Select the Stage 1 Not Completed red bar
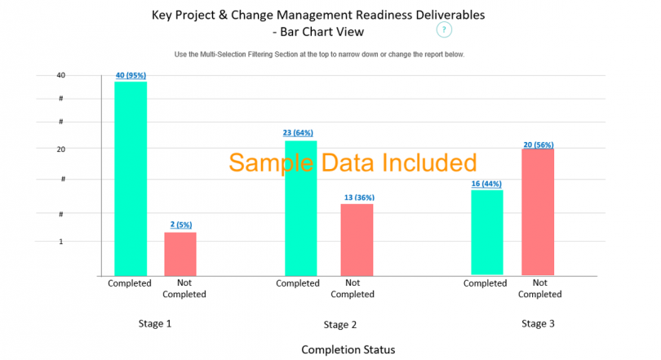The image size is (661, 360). [x=180, y=254]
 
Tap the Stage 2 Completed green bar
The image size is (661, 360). [x=300, y=208]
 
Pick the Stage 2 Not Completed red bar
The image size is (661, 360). [x=357, y=239]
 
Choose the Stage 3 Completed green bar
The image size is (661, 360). [x=486, y=233]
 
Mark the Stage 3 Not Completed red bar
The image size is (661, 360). [x=538, y=211]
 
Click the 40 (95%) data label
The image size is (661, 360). [x=131, y=76]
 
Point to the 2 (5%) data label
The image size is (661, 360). [x=180, y=224]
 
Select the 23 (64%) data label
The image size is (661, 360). [x=298, y=133]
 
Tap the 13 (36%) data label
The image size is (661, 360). [x=357, y=197]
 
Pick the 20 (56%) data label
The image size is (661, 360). [x=539, y=144]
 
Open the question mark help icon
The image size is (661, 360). [x=443, y=30]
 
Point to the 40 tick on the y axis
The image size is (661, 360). [x=83, y=75]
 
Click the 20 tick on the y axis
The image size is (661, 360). [x=83, y=149]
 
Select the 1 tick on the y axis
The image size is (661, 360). [x=84, y=242]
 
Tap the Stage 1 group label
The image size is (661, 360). [x=155, y=324]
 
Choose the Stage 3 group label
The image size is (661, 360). [x=539, y=324]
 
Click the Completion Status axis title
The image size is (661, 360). [x=348, y=349]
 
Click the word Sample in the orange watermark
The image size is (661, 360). [x=271, y=162]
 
